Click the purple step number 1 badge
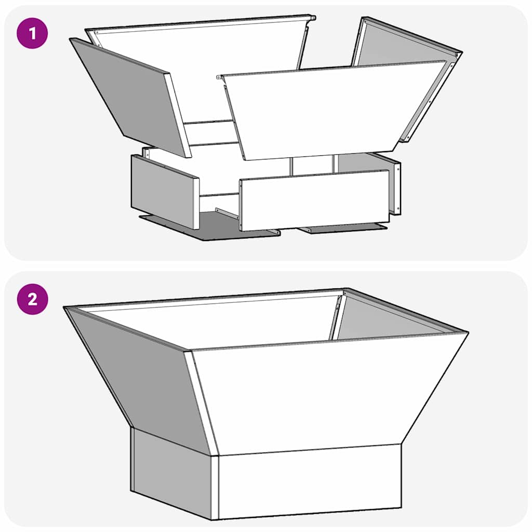(x=32, y=34)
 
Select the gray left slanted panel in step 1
(x=130, y=96)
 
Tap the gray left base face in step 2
(x=171, y=473)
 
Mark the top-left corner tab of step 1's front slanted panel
(x=221, y=77)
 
